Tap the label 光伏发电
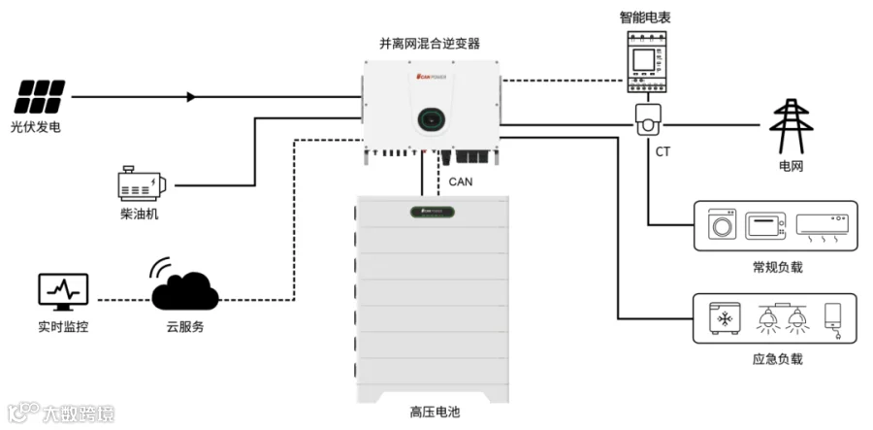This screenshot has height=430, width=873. pyautogui.click(x=42, y=127)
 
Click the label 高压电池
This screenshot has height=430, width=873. pyautogui.click(x=432, y=412)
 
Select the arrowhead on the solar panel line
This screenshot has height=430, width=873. pyautogui.click(x=191, y=97)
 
